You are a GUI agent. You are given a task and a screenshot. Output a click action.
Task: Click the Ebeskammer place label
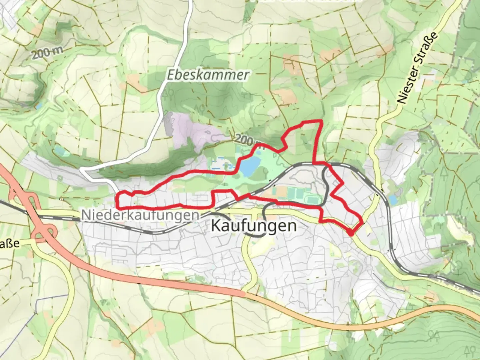tap(208, 75)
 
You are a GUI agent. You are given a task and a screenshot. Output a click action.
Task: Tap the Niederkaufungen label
tap(140, 215)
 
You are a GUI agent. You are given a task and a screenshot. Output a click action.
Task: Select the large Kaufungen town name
tap(254, 226)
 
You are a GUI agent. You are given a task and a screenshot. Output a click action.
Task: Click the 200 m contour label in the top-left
tap(47, 53)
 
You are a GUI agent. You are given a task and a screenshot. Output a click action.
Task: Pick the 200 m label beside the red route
tap(248, 140)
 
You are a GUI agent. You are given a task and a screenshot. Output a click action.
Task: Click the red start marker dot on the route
tap(351, 233)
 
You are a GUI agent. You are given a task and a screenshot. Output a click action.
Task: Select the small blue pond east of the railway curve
tap(393, 200)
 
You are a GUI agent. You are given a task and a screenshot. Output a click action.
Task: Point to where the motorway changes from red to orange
tap(245, 294)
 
